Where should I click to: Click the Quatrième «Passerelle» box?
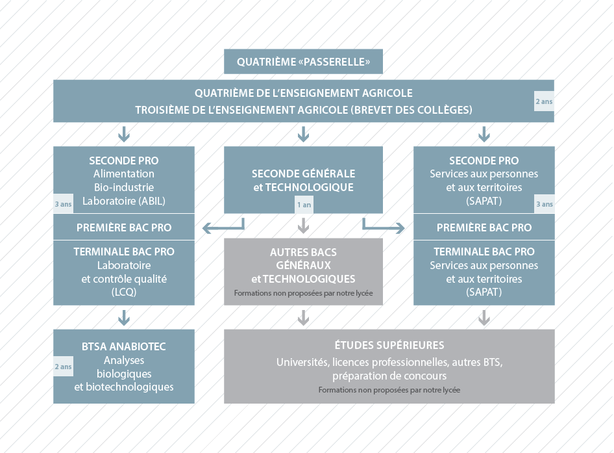pyautogui.click(x=303, y=62)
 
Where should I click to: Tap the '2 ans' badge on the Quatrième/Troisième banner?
pyautogui.click(x=544, y=101)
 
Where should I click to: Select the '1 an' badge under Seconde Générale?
pyautogui.click(x=304, y=205)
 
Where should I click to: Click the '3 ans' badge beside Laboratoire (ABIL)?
pyautogui.click(x=63, y=204)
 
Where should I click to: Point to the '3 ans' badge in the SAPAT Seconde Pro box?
pyautogui.click(x=545, y=204)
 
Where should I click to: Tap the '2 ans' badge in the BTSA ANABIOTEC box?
pyautogui.click(x=63, y=367)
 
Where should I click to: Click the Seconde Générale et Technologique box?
pyautogui.click(x=303, y=180)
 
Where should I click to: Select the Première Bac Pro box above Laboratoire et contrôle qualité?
pyautogui.click(x=124, y=227)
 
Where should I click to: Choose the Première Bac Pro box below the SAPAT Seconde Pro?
pyautogui.click(x=484, y=227)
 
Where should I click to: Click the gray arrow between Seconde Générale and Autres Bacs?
pyautogui.click(x=304, y=226)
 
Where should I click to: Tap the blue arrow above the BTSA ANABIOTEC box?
pyautogui.click(x=124, y=318)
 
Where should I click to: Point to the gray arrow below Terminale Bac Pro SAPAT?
pyautogui.click(x=484, y=318)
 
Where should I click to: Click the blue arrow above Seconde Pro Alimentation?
pyautogui.click(x=124, y=134)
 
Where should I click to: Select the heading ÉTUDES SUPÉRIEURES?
pyautogui.click(x=389, y=345)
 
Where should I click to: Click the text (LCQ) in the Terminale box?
pyautogui.click(x=124, y=292)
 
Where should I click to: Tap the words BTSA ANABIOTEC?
pyautogui.click(x=124, y=346)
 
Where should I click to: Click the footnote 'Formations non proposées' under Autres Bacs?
pyautogui.click(x=303, y=293)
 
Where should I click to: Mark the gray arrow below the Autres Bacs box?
pyautogui.click(x=304, y=318)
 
